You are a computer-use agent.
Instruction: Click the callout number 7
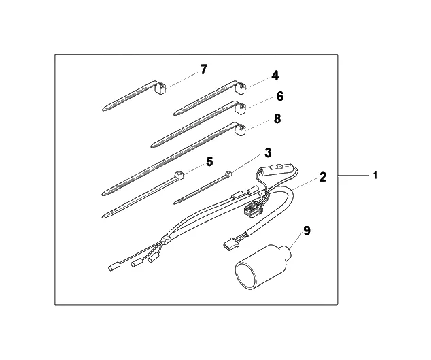[204, 69]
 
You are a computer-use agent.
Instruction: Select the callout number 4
[275, 76]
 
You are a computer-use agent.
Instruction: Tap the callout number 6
[280, 97]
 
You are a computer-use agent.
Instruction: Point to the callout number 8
[277, 119]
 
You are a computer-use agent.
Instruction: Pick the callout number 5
[209, 161]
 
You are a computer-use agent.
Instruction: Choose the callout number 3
[268, 152]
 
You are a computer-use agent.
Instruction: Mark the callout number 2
[323, 177]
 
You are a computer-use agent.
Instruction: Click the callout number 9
[307, 231]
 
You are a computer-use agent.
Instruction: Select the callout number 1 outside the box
[375, 176]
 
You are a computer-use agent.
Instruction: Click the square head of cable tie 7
[160, 88]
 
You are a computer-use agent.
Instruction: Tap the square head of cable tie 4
[241, 88]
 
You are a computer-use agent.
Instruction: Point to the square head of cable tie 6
[241, 108]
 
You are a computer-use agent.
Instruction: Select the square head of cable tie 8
[241, 129]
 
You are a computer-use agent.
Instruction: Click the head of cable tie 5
[179, 174]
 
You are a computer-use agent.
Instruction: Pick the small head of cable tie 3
[228, 174]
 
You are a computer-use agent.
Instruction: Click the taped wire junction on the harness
[166, 240]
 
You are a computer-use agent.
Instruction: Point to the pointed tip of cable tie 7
[103, 110]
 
